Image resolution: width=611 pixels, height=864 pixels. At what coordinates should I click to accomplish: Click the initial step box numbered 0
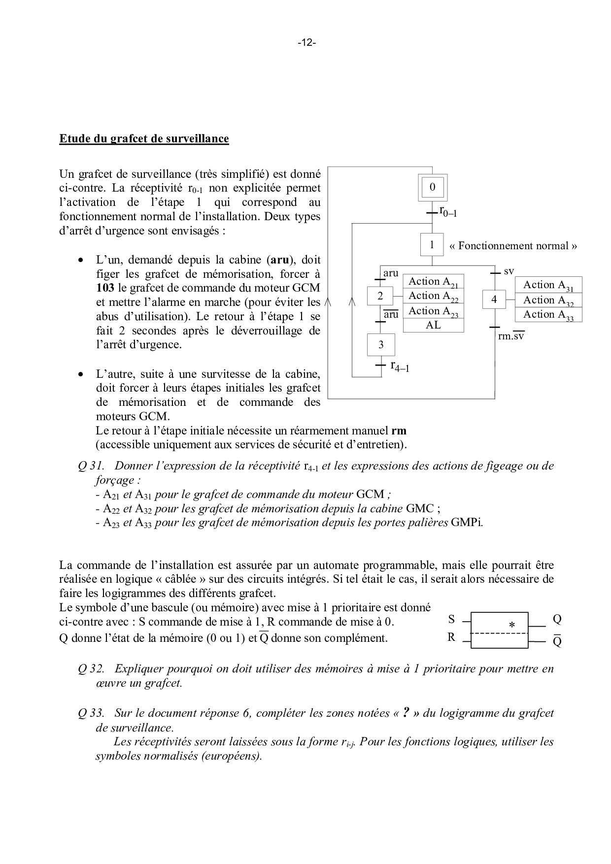coord(432,187)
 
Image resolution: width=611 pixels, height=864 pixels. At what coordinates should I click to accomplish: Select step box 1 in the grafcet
coord(432,245)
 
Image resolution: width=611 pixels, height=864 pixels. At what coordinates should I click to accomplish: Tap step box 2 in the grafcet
coord(380,296)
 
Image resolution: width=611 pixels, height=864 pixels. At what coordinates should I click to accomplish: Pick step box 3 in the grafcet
coord(380,345)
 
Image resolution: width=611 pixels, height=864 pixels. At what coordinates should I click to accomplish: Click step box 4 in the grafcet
coord(494,299)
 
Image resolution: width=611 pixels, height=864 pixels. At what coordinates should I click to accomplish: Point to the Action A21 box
coord(434,282)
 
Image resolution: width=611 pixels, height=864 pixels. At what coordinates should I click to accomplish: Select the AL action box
coord(434,325)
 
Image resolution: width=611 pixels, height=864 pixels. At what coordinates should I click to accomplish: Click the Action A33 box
coord(548,315)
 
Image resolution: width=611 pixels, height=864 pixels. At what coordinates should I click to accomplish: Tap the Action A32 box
coord(548,300)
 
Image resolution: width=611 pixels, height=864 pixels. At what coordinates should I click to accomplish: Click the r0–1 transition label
coord(448,212)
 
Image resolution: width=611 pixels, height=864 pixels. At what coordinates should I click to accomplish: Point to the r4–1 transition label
coord(400,366)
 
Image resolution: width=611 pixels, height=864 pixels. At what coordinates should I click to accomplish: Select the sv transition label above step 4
coord(509,271)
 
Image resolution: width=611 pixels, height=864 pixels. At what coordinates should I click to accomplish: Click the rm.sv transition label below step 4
coord(511,336)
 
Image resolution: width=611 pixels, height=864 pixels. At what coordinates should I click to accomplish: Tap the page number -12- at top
coord(306,43)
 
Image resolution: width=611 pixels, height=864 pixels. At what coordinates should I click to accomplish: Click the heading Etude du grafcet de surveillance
coord(144,138)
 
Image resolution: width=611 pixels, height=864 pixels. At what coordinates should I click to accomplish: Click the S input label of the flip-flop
coord(451,619)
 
